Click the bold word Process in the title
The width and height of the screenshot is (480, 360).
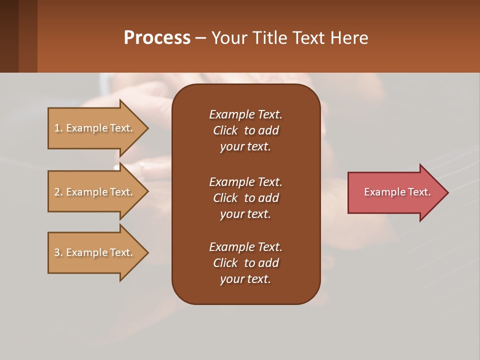pos(157,38)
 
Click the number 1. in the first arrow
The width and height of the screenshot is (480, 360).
pos(58,128)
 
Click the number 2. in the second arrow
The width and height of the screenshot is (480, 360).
pos(58,192)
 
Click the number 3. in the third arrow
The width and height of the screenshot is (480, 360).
pos(58,252)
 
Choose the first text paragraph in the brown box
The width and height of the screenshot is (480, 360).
pos(245,130)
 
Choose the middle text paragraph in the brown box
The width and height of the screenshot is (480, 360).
pos(245,198)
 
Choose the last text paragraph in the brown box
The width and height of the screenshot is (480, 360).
pos(245,263)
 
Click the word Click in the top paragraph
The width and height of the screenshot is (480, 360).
pos(225,130)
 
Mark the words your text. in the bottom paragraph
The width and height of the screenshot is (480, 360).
pos(245,279)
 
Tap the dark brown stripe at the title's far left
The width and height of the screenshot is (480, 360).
pos(9,36)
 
